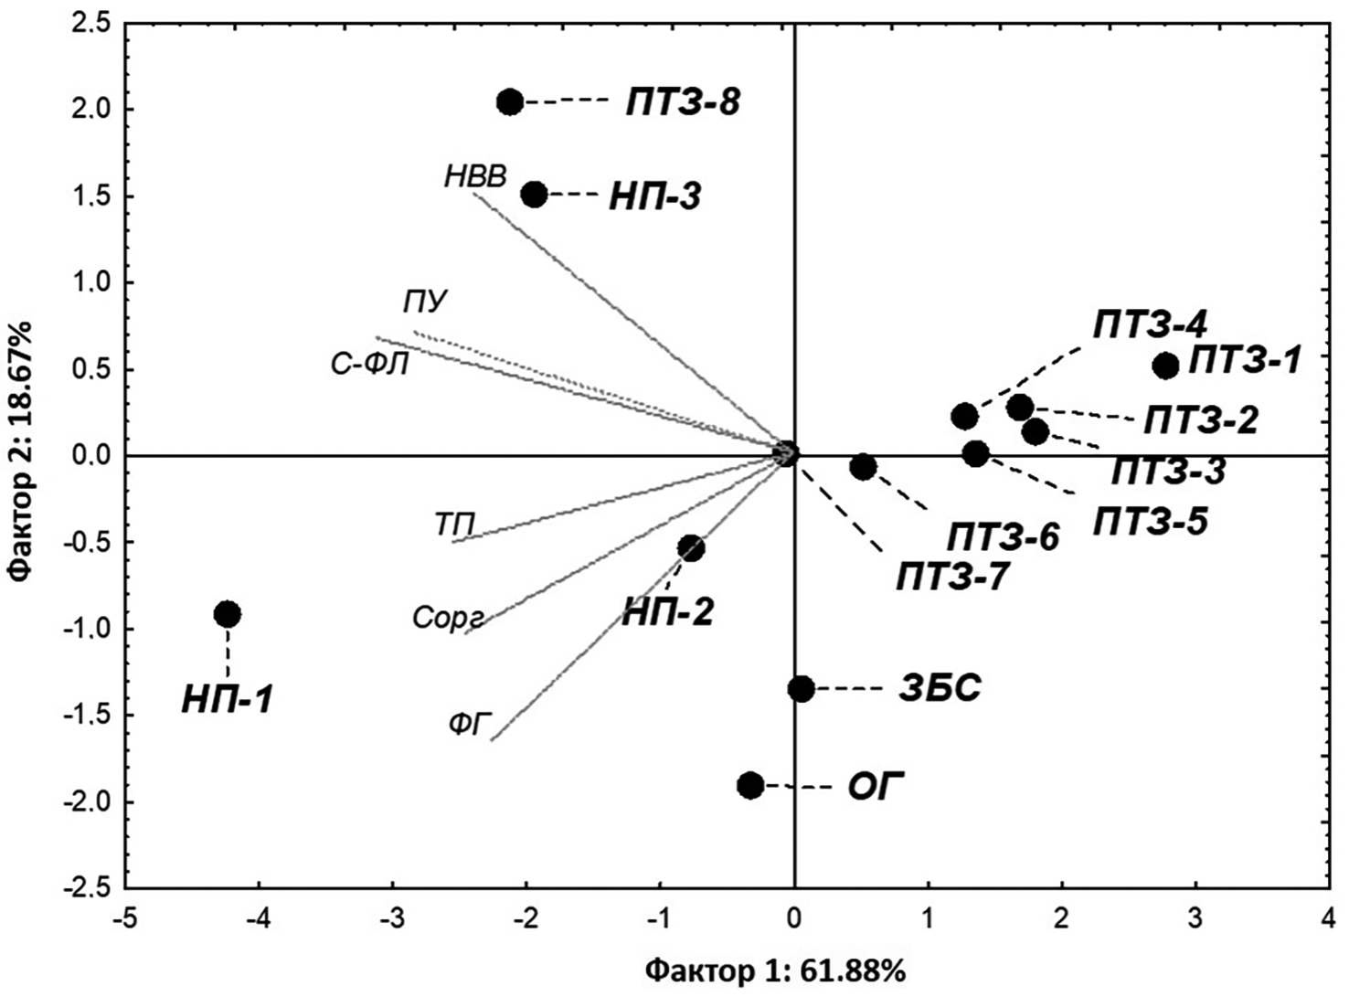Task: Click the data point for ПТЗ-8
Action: pos(510,101)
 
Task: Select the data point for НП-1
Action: pos(228,614)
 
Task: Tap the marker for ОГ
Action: pos(750,785)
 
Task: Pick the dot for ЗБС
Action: pos(801,688)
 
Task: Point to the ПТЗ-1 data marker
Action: pos(1165,366)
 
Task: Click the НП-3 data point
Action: pos(534,194)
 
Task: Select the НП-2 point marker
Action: pos(691,548)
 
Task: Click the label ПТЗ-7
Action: pos(952,578)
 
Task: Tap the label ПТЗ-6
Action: pos(1003,536)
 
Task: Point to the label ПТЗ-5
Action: pos(1151,522)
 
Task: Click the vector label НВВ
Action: pos(475,176)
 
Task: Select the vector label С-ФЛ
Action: pos(370,365)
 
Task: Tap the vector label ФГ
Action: pos(471,726)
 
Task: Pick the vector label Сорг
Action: pos(447,618)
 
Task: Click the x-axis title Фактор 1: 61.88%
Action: pos(776,969)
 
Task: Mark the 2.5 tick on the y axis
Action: pos(91,24)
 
